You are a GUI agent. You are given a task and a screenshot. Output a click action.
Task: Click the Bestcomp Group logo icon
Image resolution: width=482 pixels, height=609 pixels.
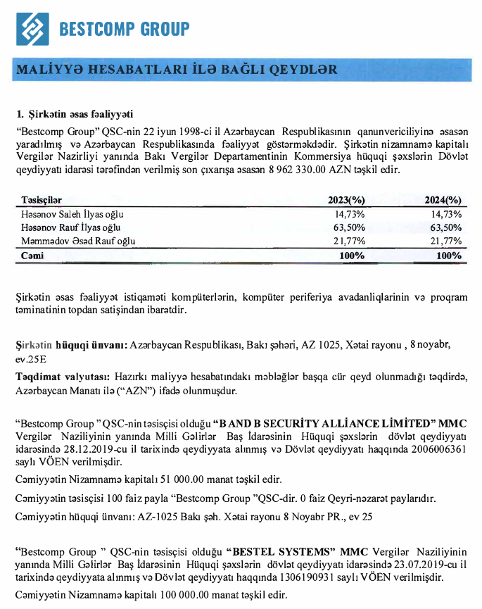click(x=32, y=29)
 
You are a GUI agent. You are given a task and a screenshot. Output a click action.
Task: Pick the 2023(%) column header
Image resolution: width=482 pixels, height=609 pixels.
click(x=346, y=201)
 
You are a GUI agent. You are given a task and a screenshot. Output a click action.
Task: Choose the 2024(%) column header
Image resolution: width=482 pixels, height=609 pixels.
click(x=443, y=201)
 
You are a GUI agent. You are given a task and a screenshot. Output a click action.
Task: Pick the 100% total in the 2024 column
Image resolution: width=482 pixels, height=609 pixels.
click(x=449, y=256)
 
